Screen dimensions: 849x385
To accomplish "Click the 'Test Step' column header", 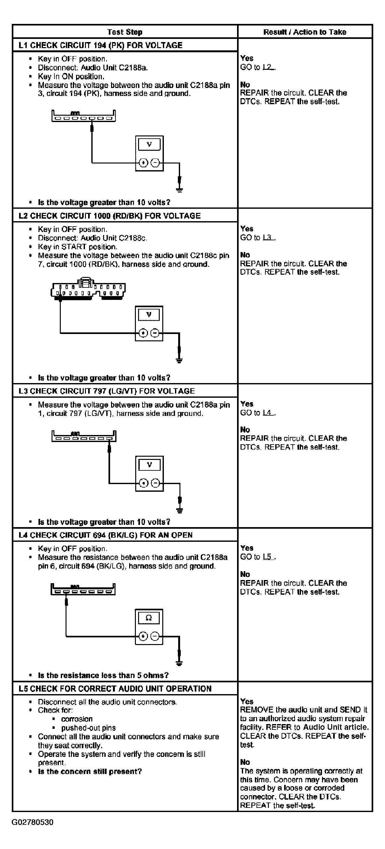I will (x=124, y=32).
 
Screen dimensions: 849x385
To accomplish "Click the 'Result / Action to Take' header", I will (x=305, y=32).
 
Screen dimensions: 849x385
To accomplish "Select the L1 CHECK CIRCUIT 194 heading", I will (x=100, y=45).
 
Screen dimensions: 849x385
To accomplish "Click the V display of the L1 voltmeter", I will (x=149, y=144).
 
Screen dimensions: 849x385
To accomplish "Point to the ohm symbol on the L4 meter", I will (x=148, y=618).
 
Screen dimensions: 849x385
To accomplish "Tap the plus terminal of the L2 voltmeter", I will (x=143, y=333).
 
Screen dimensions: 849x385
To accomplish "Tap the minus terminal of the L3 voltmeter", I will (x=155, y=483).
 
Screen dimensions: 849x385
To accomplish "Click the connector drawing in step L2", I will (x=88, y=289).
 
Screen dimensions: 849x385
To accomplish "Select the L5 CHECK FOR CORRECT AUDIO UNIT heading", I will (x=115, y=689).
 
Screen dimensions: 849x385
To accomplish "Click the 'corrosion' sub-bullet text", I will (x=77, y=719).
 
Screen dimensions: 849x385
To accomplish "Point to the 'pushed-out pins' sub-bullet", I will (x=88, y=728).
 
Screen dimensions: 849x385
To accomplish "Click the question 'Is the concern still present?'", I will (x=89, y=772).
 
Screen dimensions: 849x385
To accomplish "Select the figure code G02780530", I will (x=32, y=822).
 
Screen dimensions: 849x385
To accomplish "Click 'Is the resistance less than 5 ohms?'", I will (x=103, y=675).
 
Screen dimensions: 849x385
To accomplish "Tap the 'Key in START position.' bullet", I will (x=77, y=247).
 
